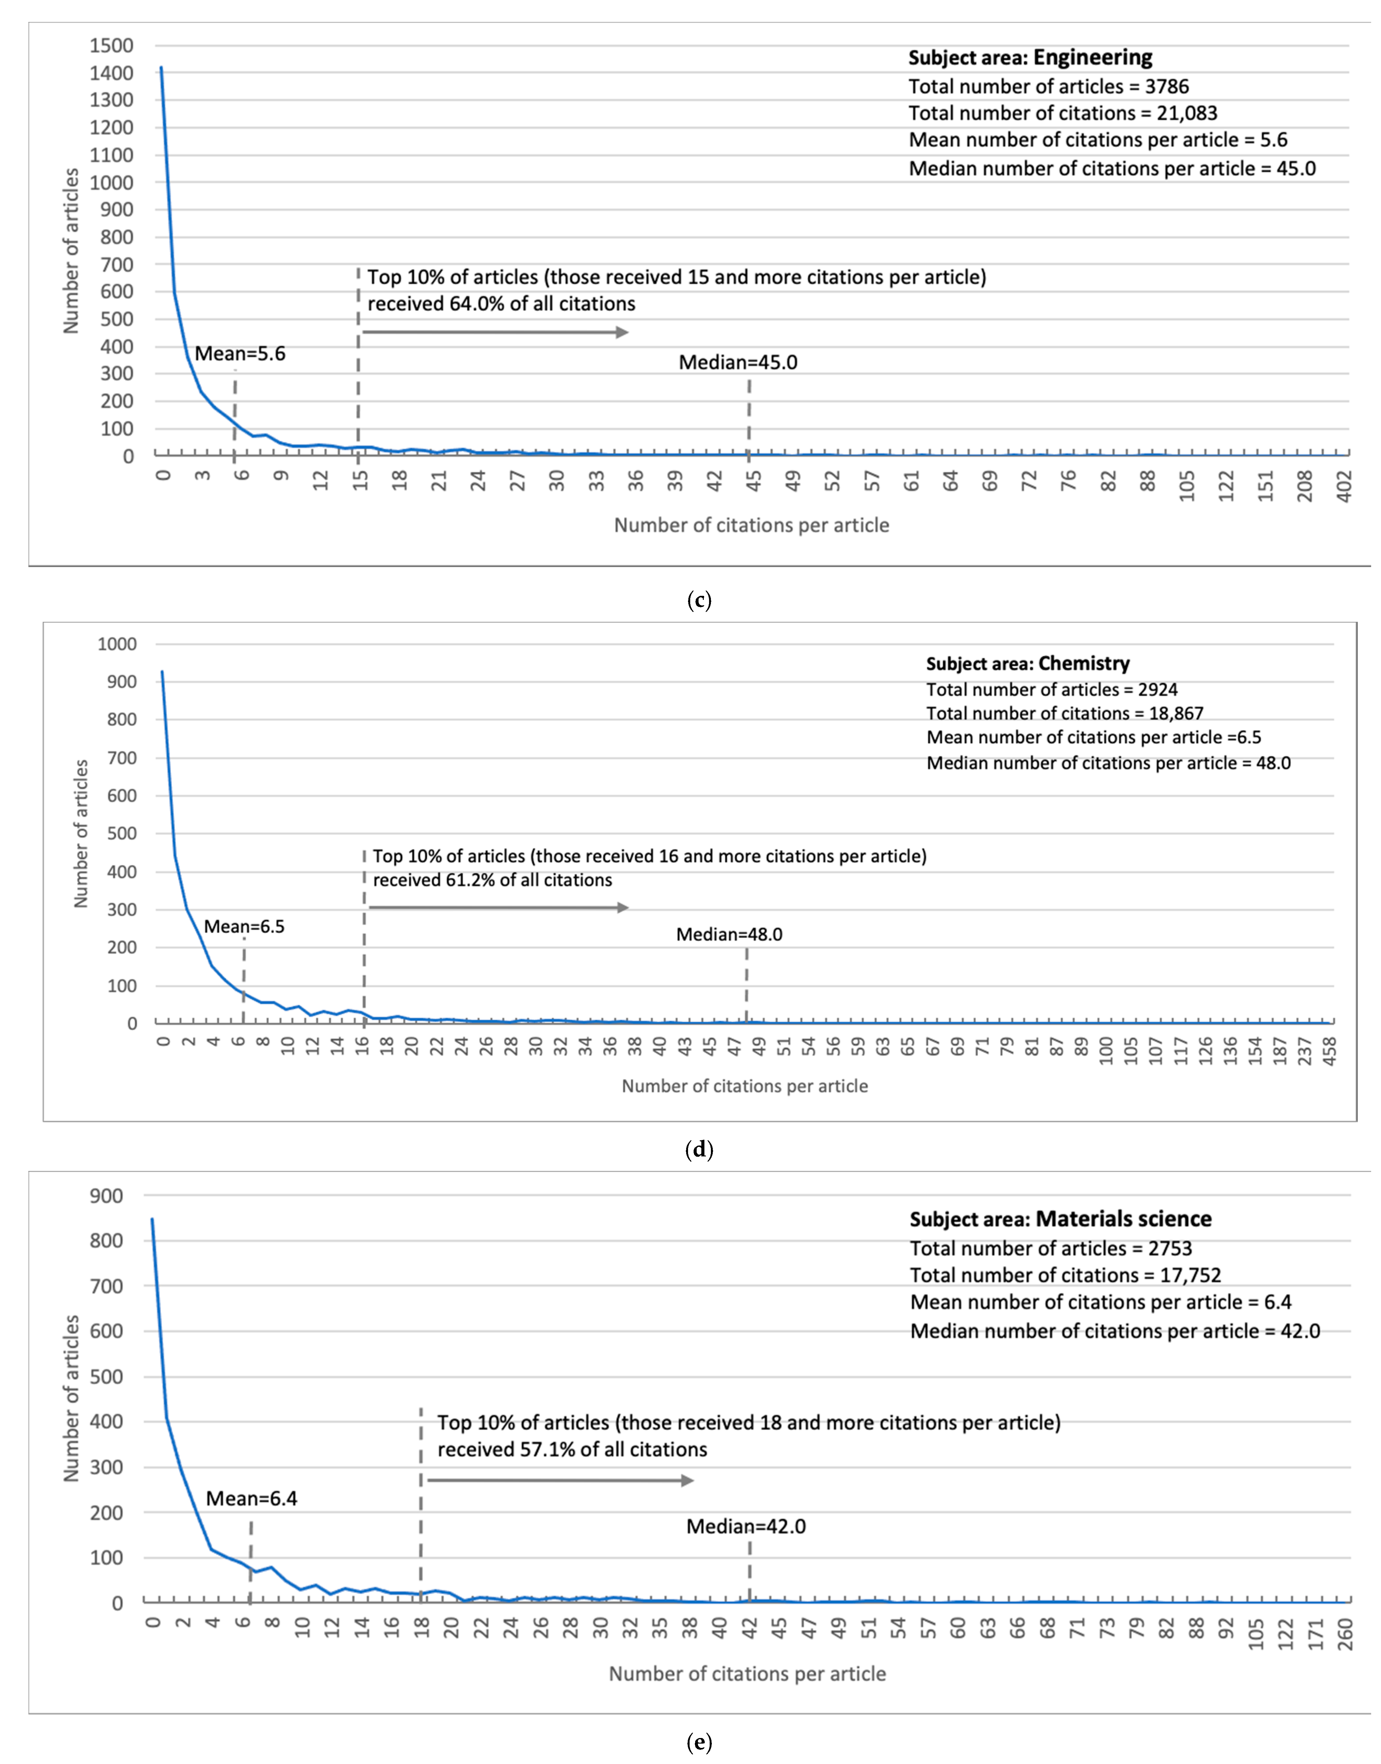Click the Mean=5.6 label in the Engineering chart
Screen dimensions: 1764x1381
click(x=240, y=353)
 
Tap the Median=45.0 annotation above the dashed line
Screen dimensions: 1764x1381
click(x=738, y=362)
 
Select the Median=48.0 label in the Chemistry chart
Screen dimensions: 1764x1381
click(x=729, y=934)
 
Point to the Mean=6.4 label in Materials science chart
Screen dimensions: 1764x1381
click(x=251, y=1499)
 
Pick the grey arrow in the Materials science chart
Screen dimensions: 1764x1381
click(x=560, y=1480)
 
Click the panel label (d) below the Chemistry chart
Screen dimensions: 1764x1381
click(x=699, y=1149)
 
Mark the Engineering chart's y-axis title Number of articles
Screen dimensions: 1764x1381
click(x=72, y=251)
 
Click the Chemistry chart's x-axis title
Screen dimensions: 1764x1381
click(x=745, y=1086)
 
